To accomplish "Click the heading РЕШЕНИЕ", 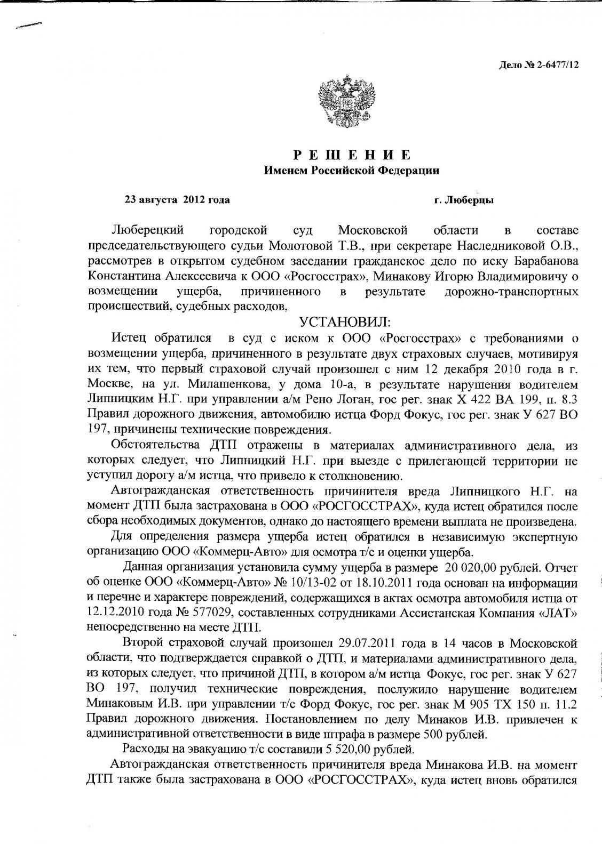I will point(352,155).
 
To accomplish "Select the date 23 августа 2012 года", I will point(177,200).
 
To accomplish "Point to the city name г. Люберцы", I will point(463,200).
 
